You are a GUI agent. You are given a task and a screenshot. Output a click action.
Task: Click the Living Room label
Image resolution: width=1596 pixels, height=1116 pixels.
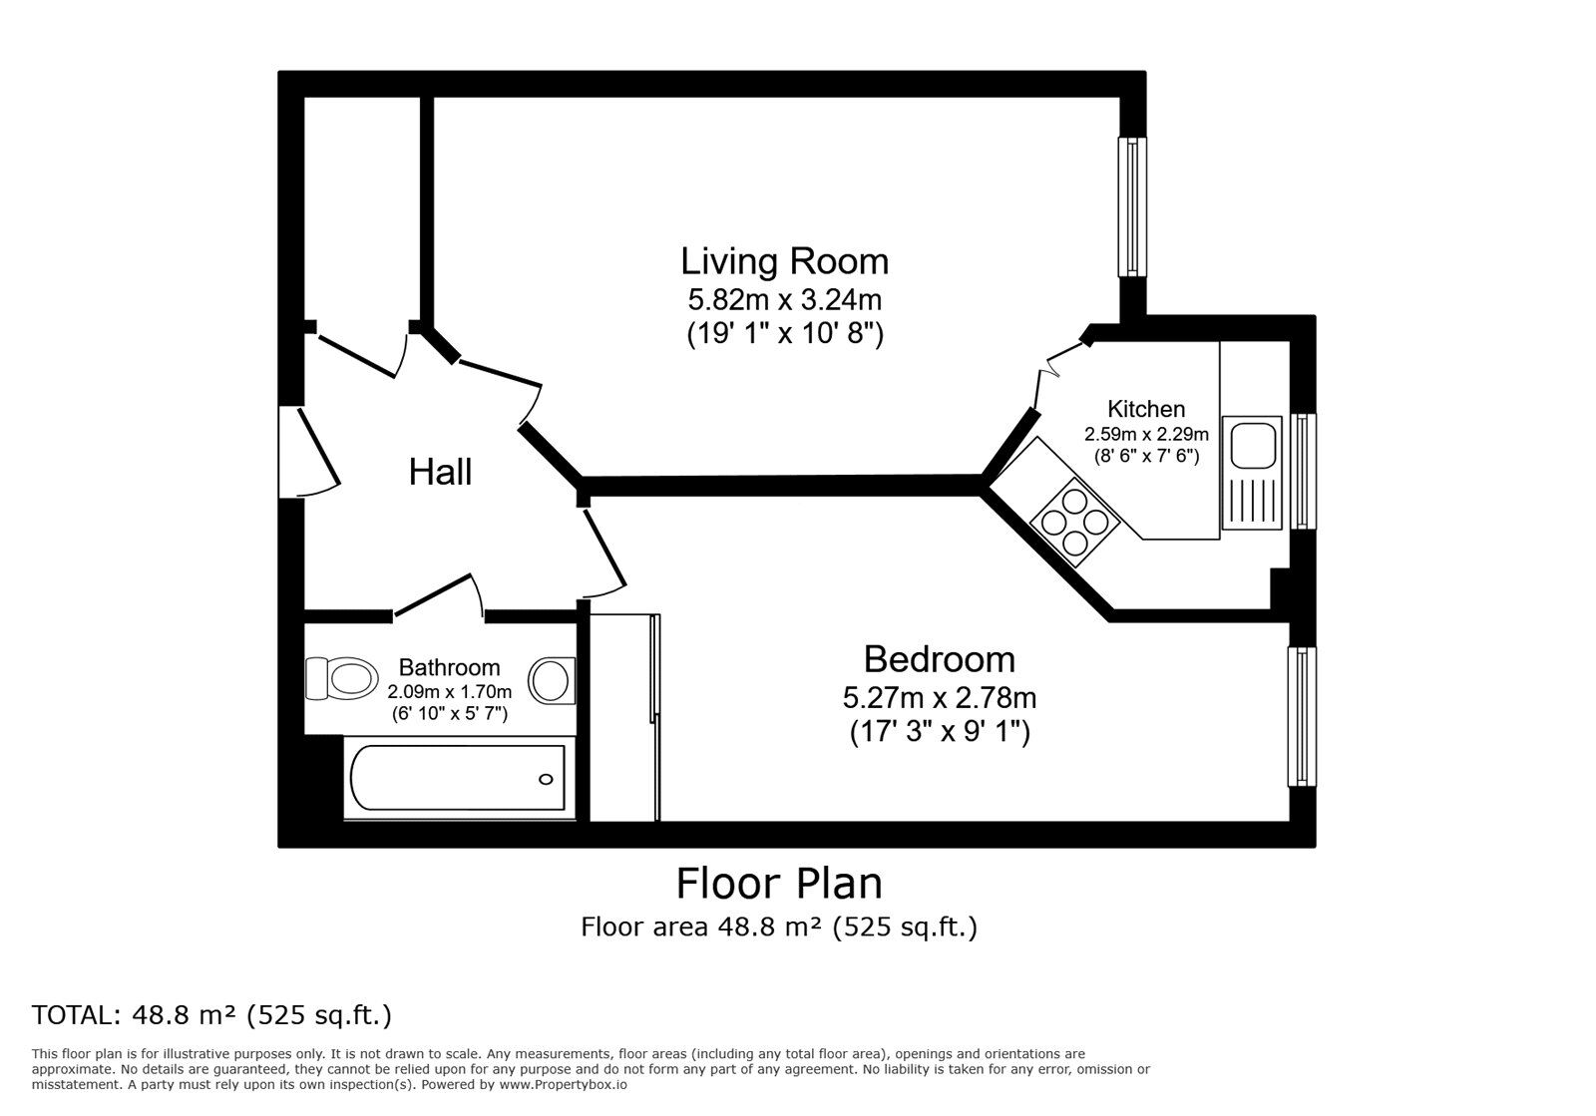784,261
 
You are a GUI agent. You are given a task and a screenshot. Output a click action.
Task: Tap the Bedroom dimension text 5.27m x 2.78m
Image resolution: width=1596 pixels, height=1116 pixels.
939,696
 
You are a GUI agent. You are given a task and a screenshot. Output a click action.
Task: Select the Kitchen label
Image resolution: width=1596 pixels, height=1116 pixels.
1146,409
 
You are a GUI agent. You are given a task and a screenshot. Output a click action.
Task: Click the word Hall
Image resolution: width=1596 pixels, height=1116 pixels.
440,473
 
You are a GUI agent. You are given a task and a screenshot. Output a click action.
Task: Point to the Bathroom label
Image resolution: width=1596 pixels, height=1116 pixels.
449,667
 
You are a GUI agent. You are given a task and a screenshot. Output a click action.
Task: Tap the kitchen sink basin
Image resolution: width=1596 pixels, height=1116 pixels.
1252,445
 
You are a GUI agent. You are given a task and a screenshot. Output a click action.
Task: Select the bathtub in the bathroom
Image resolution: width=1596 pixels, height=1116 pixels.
458,779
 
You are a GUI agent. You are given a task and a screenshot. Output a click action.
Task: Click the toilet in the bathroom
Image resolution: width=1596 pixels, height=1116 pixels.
338,679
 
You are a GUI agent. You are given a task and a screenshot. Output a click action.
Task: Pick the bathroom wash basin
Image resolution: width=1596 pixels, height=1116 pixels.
552,680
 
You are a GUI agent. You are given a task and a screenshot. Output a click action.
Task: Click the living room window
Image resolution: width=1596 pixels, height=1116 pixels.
1132,206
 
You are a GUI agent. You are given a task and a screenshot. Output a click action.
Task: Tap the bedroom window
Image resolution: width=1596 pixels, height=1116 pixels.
1301,715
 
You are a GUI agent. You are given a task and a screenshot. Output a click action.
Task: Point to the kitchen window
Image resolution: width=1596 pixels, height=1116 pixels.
1301,471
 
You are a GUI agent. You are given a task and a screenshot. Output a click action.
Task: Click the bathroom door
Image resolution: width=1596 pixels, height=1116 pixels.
435,595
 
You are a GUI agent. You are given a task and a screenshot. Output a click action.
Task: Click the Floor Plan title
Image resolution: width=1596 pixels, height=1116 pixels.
779,884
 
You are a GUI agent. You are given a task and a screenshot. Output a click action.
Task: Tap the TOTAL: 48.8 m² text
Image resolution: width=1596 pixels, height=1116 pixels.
211,1015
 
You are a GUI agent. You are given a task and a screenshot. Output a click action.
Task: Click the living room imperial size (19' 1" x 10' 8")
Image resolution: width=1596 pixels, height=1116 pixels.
784,333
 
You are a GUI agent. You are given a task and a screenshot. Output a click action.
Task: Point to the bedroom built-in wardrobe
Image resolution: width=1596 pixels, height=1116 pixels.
624,717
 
